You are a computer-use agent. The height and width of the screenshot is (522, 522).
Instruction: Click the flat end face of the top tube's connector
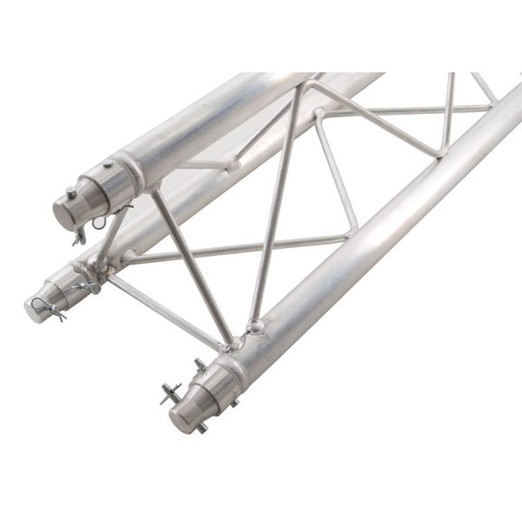[64, 211]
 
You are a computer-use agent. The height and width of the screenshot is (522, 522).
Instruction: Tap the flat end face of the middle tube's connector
[35, 308]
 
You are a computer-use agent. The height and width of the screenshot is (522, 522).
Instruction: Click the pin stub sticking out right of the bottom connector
[232, 402]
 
